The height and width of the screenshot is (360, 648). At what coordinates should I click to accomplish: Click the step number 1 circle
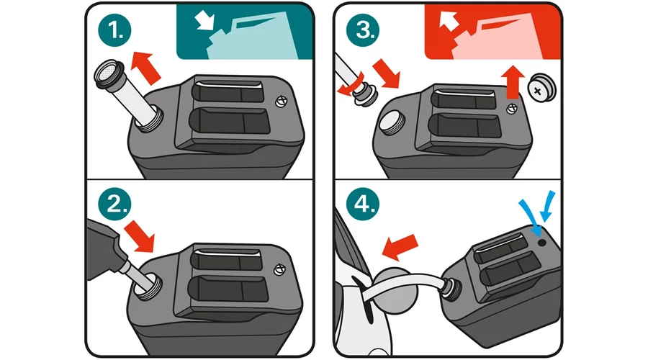(x=115, y=30)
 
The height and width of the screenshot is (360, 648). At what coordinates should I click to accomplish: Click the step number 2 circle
(x=115, y=204)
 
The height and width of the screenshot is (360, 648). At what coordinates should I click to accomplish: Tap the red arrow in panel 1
(x=145, y=68)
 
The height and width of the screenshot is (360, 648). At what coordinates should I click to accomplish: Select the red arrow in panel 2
(x=140, y=235)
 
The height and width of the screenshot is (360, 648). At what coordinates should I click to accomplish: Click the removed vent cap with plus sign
(x=541, y=89)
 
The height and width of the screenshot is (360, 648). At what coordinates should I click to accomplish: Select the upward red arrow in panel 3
(x=513, y=81)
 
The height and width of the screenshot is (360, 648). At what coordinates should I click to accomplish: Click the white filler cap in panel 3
(x=392, y=122)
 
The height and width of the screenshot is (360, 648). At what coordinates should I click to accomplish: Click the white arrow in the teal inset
(x=204, y=20)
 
